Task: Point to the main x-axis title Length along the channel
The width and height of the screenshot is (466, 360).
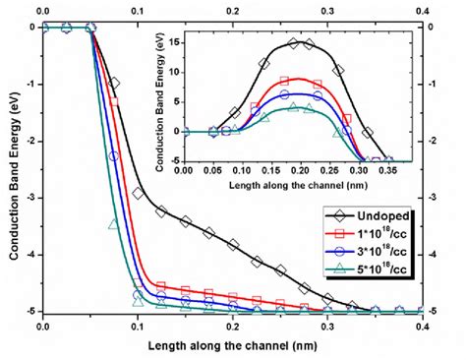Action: click(x=232, y=344)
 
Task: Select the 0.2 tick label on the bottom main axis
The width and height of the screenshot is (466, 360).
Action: click(x=232, y=325)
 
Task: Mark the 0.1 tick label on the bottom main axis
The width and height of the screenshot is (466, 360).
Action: click(x=137, y=325)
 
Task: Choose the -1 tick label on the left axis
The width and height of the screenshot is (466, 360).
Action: click(x=29, y=84)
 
